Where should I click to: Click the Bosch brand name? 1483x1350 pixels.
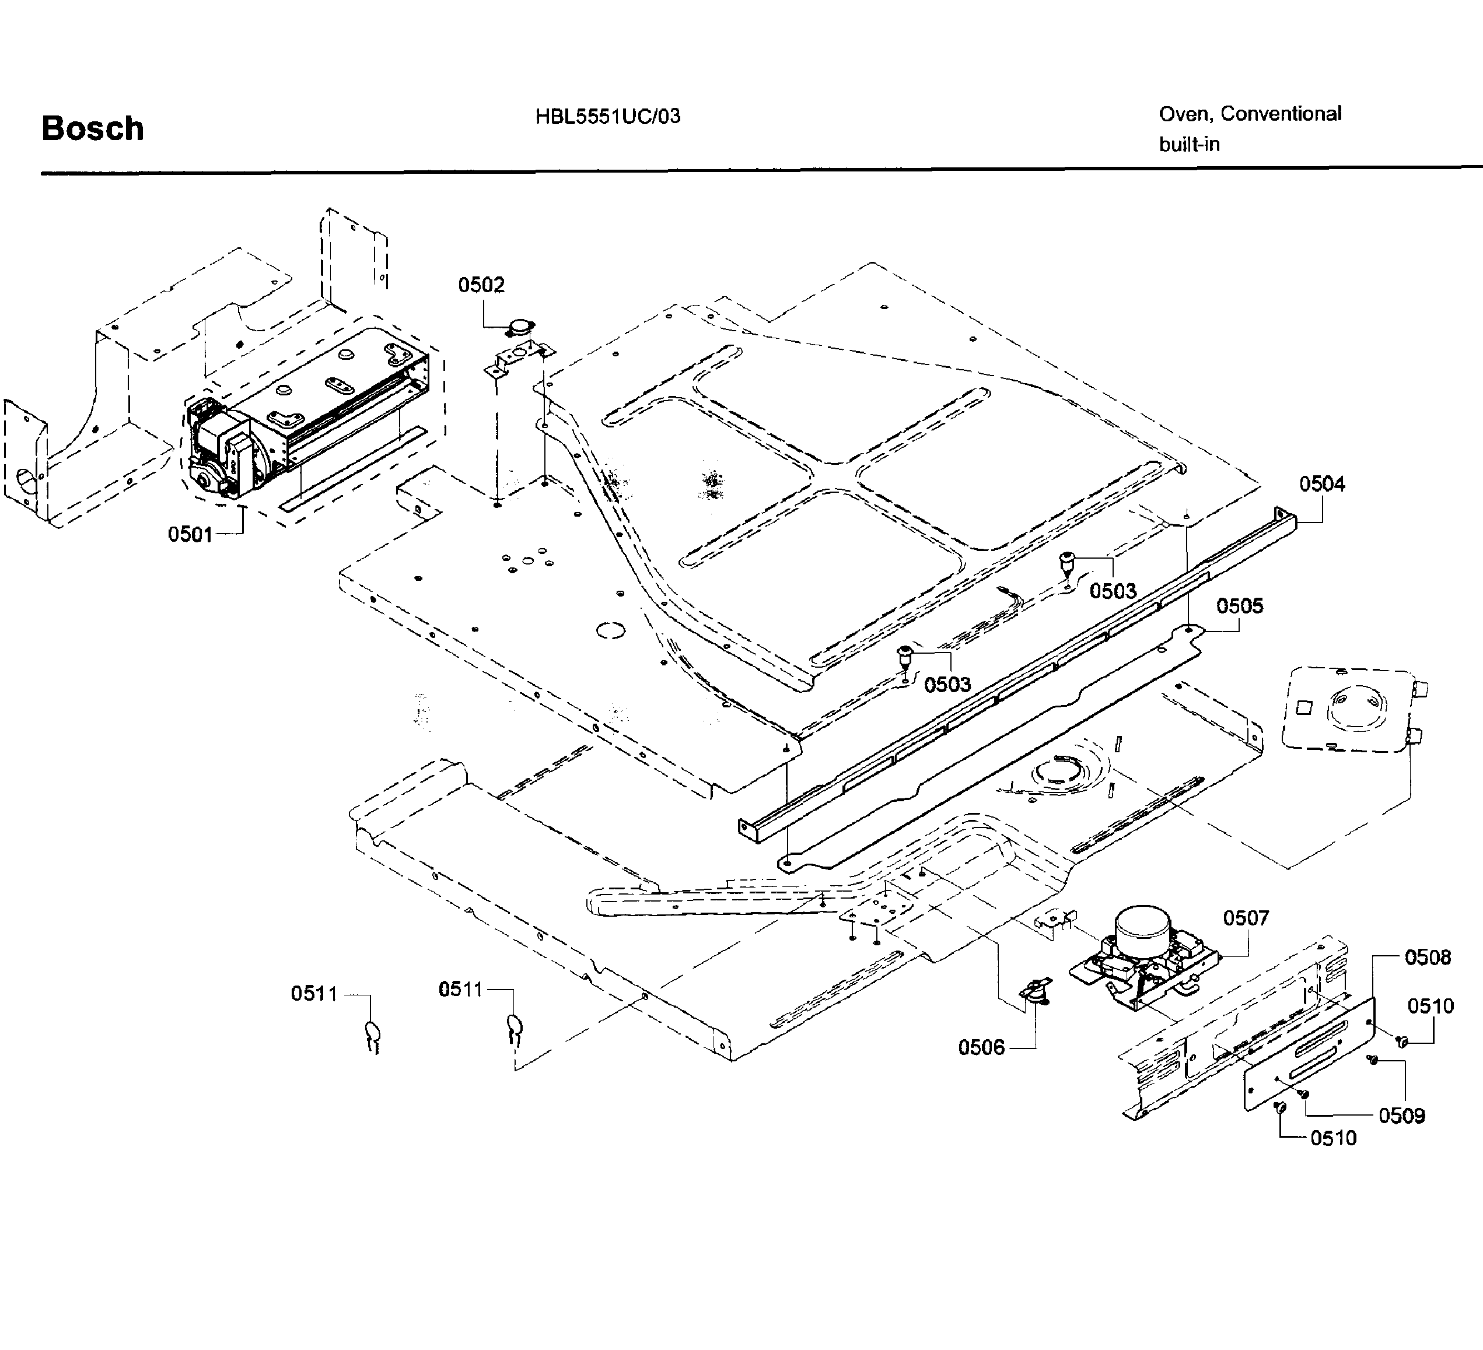click(93, 129)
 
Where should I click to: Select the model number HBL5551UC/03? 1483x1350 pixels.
click(608, 117)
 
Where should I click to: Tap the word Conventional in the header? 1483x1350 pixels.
click(1281, 114)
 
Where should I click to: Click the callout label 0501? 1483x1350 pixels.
click(190, 535)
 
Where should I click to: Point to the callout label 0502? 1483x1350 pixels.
click(481, 285)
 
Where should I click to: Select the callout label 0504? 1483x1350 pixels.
click(1322, 484)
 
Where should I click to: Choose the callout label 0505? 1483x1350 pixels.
click(1240, 606)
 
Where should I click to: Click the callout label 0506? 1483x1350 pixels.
click(981, 1047)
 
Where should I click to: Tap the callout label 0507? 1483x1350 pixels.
click(1246, 918)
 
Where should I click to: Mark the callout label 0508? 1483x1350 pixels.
click(1428, 958)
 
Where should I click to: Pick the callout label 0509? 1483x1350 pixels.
click(1401, 1116)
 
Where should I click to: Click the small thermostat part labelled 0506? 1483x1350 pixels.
click(1036, 990)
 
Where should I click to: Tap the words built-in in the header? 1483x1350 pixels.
click(1190, 145)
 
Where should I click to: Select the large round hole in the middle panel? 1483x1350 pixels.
click(610, 630)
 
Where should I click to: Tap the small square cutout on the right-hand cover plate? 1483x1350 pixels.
click(1303, 708)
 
